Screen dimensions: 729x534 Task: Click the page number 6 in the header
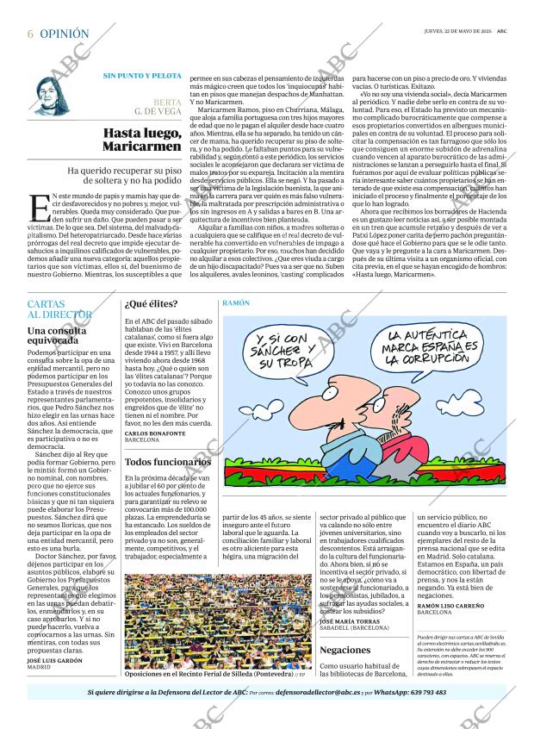[30, 34]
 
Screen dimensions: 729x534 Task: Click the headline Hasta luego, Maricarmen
[142, 140]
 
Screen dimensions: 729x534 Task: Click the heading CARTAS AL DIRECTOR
[59, 309]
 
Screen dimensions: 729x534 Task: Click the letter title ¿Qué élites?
[152, 303]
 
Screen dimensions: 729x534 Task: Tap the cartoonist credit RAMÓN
[236, 303]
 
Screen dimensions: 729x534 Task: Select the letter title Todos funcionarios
[168, 462]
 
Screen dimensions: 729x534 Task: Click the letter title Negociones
[345, 650]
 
